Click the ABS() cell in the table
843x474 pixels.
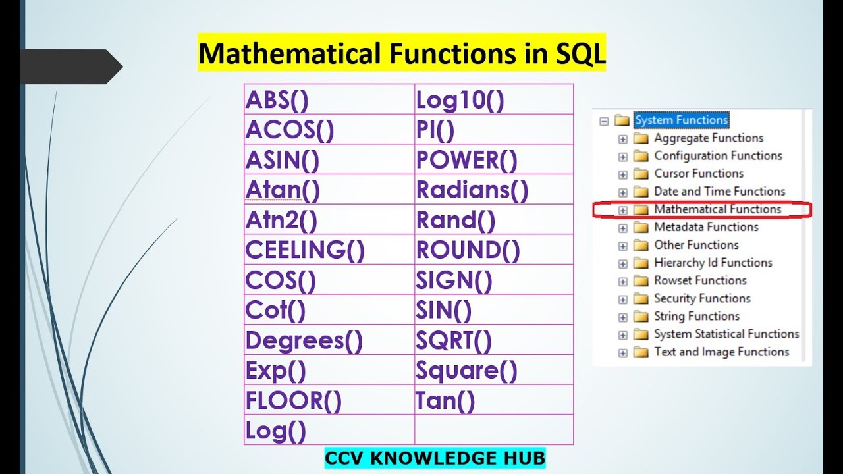pos(277,100)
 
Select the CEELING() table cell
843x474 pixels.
pos(305,250)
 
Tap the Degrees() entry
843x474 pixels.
pos(304,341)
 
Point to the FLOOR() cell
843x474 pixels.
pos(294,401)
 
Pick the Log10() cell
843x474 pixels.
pos(460,100)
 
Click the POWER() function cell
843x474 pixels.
pos(467,160)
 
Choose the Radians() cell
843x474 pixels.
pos(472,190)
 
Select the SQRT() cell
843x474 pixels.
pos(454,341)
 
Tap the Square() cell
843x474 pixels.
pos(467,371)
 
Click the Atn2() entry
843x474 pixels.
pos(281,221)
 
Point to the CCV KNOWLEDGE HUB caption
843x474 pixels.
pos(435,458)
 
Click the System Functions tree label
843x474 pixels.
pos(681,120)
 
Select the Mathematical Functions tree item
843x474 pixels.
pos(717,209)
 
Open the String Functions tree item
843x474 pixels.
pos(696,316)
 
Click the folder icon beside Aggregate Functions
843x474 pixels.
pos(641,138)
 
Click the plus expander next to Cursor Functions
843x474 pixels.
pos(622,174)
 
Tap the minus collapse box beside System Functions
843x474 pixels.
pos(603,120)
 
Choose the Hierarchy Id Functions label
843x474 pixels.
pos(713,263)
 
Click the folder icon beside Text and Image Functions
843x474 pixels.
pos(641,352)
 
